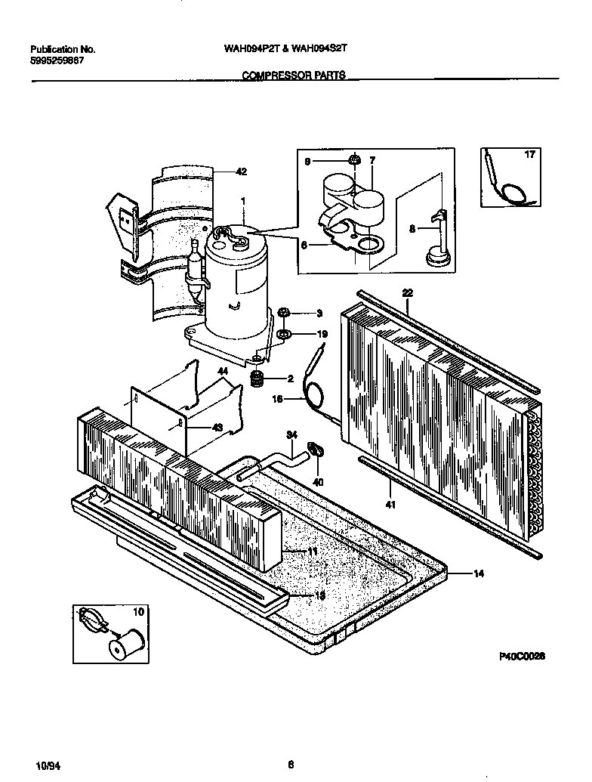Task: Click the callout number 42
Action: pyautogui.click(x=241, y=172)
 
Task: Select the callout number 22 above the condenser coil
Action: pyautogui.click(x=407, y=292)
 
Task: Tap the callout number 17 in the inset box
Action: pyautogui.click(x=529, y=154)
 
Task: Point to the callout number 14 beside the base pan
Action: pyautogui.click(x=478, y=573)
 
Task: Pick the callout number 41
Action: pyautogui.click(x=390, y=503)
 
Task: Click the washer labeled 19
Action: pyautogui.click(x=285, y=334)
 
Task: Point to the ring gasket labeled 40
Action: pyautogui.click(x=318, y=452)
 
